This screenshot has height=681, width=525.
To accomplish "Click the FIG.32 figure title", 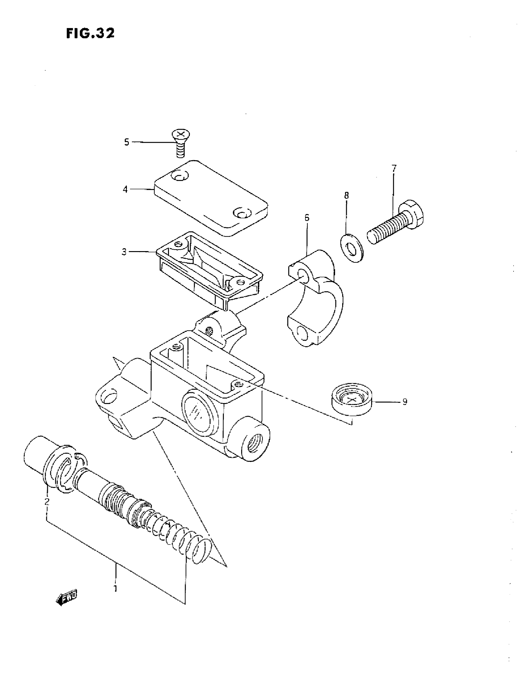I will [90, 33].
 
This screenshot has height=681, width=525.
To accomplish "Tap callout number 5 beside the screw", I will [126, 142].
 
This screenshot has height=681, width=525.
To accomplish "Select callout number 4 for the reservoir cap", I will [125, 189].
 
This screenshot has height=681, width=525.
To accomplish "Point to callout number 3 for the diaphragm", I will [124, 252].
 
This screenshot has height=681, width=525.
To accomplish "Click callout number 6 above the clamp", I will [307, 218].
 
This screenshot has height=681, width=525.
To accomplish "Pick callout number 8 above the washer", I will [346, 195].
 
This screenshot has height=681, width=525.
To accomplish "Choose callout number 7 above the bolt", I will [394, 169].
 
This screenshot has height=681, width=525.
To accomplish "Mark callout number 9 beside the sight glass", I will [405, 402].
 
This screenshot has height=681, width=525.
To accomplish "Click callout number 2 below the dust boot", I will [47, 501].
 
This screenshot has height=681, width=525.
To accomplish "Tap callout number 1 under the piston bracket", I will [115, 589].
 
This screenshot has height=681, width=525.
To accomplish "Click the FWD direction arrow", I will [66, 597].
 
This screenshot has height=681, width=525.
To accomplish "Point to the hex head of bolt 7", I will [411, 215].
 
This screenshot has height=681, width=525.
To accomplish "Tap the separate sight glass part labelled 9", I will [352, 400].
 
